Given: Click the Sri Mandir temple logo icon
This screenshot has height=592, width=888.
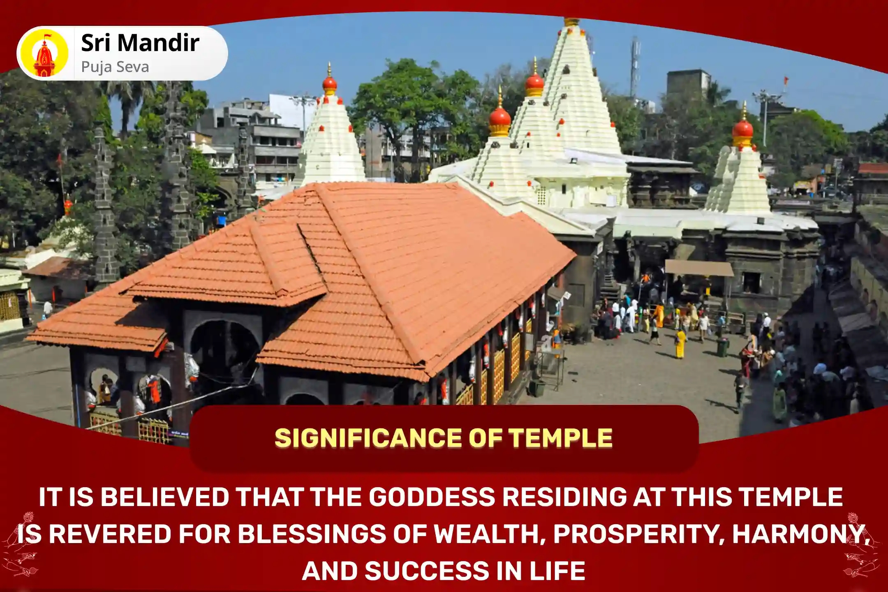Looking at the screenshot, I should coord(44,53).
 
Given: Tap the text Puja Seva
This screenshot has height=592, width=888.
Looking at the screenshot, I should coord(115,67).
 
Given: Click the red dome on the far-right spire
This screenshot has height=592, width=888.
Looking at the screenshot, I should coord(743,128).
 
